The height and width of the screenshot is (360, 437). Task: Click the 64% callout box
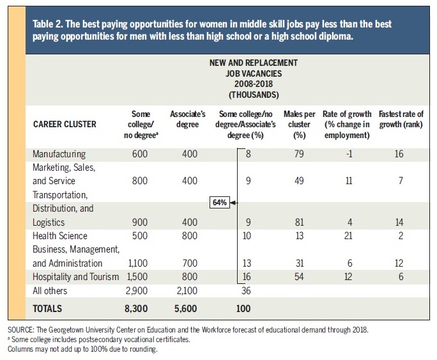click(x=220, y=203)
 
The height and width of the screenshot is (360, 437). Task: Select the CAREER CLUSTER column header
click(x=65, y=124)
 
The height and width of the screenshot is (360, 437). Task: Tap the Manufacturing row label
click(x=59, y=154)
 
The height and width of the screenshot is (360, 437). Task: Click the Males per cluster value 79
click(x=299, y=154)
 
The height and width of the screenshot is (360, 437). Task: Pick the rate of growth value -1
click(x=349, y=154)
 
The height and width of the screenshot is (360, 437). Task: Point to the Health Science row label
click(x=60, y=236)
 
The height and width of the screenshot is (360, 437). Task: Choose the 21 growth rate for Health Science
click(x=348, y=236)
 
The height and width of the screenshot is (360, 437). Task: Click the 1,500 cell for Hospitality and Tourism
click(x=137, y=277)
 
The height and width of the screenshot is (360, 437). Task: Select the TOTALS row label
click(x=47, y=309)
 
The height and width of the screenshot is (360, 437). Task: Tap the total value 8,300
click(x=136, y=309)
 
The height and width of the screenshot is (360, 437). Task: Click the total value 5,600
click(x=186, y=309)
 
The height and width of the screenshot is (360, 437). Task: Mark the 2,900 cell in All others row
click(x=137, y=291)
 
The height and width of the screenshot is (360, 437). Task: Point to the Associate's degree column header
click(x=188, y=119)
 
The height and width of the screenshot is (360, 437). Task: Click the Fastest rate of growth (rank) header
click(x=401, y=119)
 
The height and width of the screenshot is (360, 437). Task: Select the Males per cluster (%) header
click(x=300, y=125)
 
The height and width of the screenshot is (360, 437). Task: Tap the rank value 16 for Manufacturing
click(x=399, y=154)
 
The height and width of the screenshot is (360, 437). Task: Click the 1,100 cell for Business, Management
click(x=137, y=263)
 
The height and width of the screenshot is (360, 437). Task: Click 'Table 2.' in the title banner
click(x=47, y=24)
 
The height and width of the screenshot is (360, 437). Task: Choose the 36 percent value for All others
click(x=246, y=291)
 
